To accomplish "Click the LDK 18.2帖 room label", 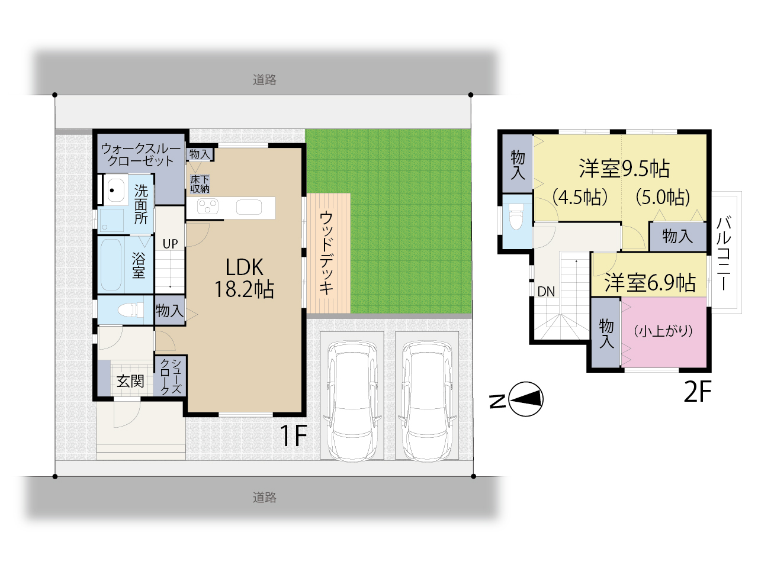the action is (x=244, y=277).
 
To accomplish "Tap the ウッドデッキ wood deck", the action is (x=329, y=253).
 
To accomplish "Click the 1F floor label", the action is (x=293, y=435).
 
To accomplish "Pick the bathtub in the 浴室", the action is (x=111, y=264).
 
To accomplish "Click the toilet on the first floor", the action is (x=130, y=309).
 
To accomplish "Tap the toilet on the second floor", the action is (x=516, y=216).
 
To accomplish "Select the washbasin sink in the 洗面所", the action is (x=115, y=191).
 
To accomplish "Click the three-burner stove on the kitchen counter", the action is (x=207, y=207).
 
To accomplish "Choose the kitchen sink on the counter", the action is (x=249, y=207).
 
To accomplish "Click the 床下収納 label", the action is (x=200, y=184).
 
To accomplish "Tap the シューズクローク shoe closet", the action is (x=170, y=376).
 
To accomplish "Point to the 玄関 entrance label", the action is (x=130, y=381).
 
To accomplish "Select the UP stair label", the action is (x=170, y=244).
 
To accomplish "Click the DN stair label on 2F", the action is (x=546, y=292).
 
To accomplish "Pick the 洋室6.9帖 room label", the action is (x=650, y=283).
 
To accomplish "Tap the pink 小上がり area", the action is (x=664, y=332).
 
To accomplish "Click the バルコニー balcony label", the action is (x=724, y=254).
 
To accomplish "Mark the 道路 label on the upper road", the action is (x=265, y=80).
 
